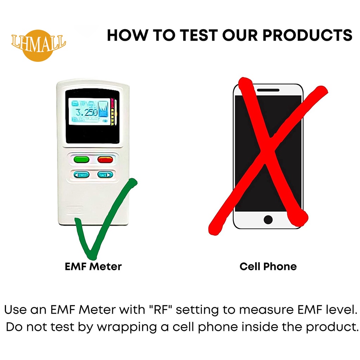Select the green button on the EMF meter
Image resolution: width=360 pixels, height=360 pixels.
tap(81, 159)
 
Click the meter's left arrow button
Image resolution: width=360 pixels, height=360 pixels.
tap(81, 174)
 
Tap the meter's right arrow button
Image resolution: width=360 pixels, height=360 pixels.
tap(105, 174)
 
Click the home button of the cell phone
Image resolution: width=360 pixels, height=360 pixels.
tap(268, 220)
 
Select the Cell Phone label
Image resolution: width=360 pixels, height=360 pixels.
tap(268, 266)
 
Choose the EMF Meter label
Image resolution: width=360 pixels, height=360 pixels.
tap(93, 266)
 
